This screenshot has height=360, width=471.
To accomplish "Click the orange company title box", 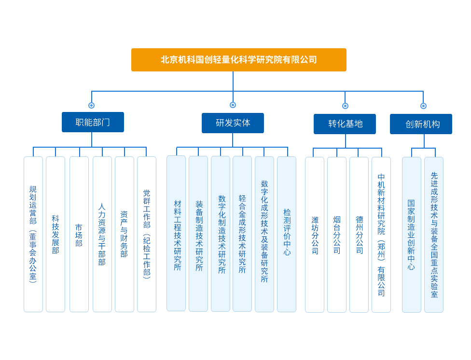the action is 239,60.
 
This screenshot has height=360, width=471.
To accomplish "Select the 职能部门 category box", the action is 93,122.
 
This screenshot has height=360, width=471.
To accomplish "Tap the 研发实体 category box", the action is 233,123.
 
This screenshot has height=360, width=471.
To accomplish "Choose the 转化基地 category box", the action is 345,124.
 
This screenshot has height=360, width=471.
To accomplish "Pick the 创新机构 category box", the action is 421,124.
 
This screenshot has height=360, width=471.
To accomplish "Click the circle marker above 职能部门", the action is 92,106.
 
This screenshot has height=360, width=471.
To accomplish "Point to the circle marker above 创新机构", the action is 423,106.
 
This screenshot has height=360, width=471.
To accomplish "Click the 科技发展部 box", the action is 55,234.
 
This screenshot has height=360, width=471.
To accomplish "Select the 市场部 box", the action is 79,234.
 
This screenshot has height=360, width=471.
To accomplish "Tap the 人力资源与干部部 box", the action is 102,234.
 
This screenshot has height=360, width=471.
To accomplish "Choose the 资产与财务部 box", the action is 125,234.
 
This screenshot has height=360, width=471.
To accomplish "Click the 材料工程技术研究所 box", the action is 176,233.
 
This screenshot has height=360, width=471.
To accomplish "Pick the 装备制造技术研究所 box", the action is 198,234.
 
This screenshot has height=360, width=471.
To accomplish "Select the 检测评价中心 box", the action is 287,234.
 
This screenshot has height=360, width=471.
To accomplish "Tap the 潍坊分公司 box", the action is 315,235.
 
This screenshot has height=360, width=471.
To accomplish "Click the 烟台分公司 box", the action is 337,235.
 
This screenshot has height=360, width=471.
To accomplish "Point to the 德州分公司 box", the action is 359,235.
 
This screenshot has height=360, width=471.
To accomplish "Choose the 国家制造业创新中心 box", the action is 412,235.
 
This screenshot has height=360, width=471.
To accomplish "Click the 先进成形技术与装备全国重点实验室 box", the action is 434,235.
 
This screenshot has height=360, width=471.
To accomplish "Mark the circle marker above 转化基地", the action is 345,106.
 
